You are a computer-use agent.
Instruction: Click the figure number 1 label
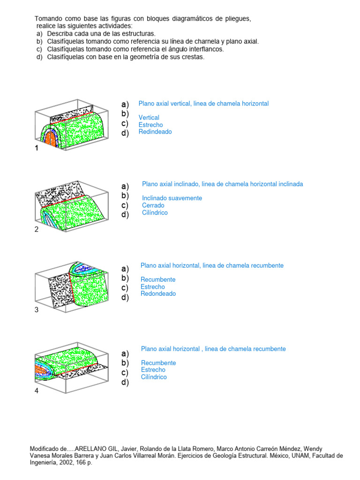coord(36,148)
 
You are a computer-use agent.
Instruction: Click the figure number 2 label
coord(37,229)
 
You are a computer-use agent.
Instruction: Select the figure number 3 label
coord(37,310)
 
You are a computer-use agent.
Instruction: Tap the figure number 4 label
coord(37,391)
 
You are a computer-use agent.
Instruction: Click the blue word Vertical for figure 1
coord(149,118)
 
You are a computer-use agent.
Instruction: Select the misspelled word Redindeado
coord(155,132)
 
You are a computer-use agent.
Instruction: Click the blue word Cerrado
coord(153,205)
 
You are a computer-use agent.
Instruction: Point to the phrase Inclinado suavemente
coord(172,198)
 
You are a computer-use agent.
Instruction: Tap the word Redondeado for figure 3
coord(158,294)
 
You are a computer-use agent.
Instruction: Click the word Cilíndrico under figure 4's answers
coord(154,377)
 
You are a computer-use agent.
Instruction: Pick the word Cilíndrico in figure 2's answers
coord(155,213)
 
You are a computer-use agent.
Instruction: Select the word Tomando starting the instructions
coord(48,19)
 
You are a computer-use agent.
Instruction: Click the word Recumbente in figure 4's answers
coord(158,363)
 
